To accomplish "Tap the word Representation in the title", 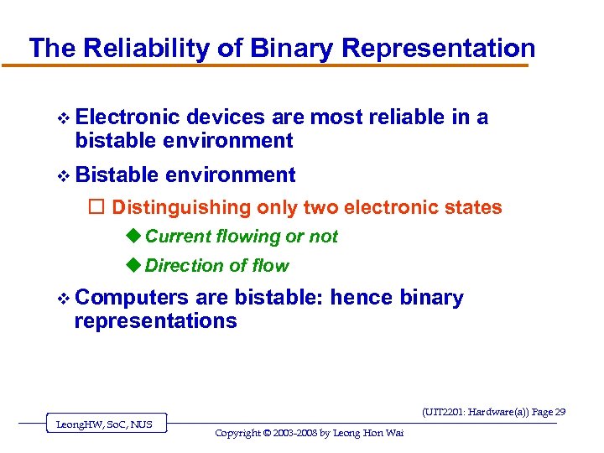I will [x=438, y=48].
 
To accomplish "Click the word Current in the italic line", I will [x=178, y=237].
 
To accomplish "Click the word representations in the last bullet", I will [x=155, y=320].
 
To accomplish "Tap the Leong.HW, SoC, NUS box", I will [x=104, y=424].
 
